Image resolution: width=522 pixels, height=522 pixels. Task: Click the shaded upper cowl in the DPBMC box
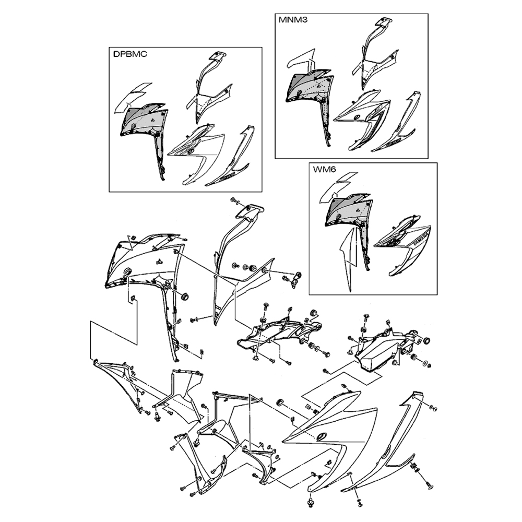click(x=142, y=120)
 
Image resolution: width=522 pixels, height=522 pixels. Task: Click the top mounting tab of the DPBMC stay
click(x=217, y=56)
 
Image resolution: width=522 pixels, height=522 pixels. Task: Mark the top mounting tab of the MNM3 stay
click(x=384, y=22)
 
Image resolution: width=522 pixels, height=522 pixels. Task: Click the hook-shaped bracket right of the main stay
click(x=295, y=279)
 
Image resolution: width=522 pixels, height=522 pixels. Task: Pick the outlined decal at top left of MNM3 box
click(x=300, y=60)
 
